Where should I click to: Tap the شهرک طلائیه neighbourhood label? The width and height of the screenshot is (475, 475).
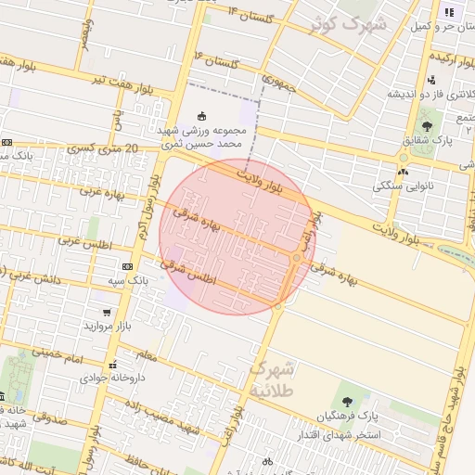coord(272,379)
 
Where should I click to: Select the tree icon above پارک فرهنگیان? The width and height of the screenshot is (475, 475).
coord(347,402)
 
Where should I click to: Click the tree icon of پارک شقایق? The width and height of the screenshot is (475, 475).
coord(427,124)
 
